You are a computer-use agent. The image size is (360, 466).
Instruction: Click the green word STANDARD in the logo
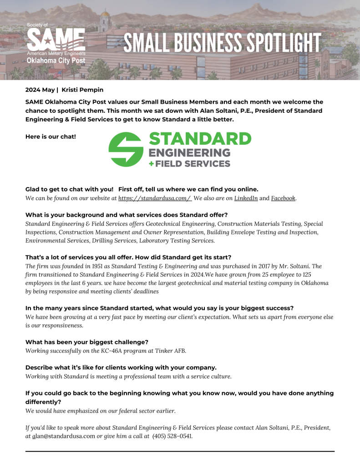tap(200, 139)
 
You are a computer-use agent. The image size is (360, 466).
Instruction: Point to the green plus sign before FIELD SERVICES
tap(152, 163)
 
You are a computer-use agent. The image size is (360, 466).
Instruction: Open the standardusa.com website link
tap(155, 198)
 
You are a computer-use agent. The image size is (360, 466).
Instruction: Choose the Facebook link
tap(283, 198)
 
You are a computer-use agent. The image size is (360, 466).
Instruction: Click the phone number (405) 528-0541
tap(172, 436)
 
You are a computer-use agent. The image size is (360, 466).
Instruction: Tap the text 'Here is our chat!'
tap(51, 137)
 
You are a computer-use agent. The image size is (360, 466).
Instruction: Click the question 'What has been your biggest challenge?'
tap(87, 342)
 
